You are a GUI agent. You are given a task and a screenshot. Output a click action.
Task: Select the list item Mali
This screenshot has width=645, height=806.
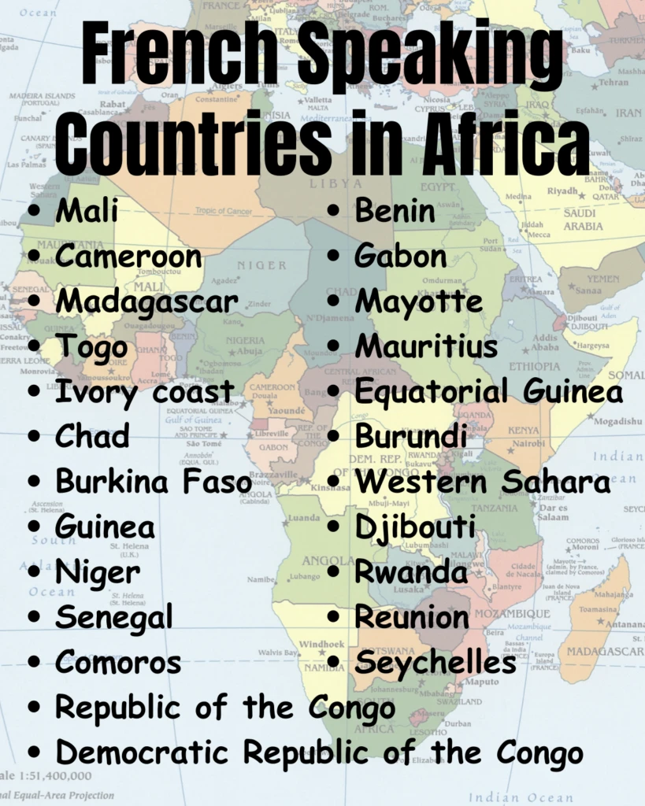click(87, 210)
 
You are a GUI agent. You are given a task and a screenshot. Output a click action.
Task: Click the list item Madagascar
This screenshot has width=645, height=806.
click(146, 301)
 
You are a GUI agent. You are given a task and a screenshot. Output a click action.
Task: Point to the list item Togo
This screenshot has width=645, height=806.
click(91, 346)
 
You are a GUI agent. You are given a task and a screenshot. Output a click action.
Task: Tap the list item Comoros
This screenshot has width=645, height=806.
click(117, 664)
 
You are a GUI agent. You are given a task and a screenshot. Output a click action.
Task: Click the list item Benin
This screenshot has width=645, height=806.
click(395, 210)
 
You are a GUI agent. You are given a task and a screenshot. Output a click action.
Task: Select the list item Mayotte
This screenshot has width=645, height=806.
click(418, 301)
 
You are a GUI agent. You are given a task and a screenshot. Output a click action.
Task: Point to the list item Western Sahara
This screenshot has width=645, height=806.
click(483, 482)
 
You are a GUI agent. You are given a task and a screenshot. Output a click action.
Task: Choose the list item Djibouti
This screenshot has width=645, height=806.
click(415, 527)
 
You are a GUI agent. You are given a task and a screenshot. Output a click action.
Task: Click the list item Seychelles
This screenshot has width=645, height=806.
click(436, 664)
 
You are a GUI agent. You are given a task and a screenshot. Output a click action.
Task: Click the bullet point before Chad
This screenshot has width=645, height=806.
click(34, 438)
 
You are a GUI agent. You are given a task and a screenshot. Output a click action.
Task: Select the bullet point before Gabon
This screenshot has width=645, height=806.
click(334, 257)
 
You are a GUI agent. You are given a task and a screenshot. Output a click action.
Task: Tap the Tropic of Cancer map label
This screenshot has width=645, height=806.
click(224, 211)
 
